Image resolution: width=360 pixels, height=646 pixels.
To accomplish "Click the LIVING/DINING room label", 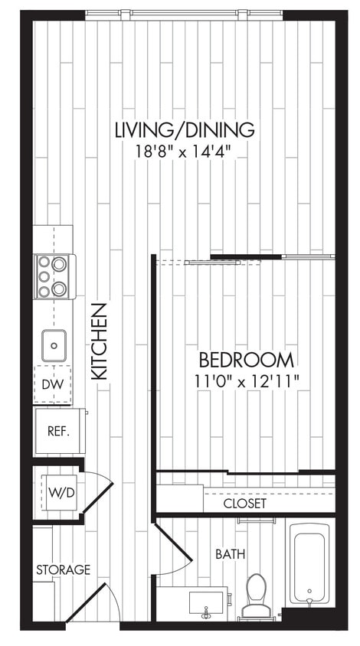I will tap(183, 129).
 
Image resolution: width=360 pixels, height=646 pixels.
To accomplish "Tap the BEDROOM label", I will tap(246, 360).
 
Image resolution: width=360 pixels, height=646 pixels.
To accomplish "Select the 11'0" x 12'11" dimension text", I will tap(246, 379).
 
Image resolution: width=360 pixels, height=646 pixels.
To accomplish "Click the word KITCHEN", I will tap(99, 341).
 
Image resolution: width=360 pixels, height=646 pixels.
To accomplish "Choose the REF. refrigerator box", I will tap(58, 430).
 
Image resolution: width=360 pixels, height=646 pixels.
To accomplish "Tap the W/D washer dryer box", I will tap(61, 491).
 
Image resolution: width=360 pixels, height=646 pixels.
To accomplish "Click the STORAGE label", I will tap(63, 569).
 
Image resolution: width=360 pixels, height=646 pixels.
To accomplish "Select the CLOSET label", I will tap(245, 504).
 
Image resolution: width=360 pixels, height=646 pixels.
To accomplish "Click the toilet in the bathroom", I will tap(256, 595).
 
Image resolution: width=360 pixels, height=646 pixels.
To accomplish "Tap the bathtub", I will tap(310, 563).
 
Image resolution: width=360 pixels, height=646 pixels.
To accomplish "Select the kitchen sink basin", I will tap(54, 344).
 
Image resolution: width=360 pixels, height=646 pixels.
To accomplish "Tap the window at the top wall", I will tap(183, 14).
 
